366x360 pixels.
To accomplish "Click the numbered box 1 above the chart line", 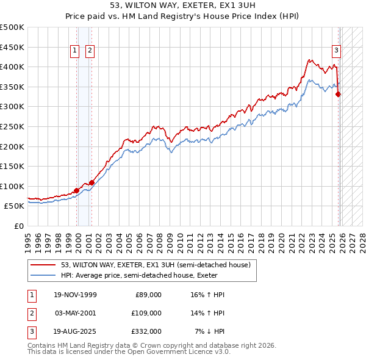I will coord(74,51).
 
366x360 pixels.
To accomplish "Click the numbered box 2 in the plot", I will coord(90,51).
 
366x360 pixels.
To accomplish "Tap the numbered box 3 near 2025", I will coord(336,51).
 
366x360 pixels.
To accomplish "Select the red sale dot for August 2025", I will coord(339,94).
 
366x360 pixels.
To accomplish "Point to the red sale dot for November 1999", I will coord(76,190).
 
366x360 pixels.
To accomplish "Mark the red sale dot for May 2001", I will coord(91,182).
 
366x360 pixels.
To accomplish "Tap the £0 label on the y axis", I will coord(20,226).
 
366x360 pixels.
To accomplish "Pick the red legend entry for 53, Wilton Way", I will coord(156,265).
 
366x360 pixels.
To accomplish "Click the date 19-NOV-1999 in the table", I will coord(75,295).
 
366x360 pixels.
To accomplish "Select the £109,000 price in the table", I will coord(147,312).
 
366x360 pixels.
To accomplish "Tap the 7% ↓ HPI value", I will coord(209,331).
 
